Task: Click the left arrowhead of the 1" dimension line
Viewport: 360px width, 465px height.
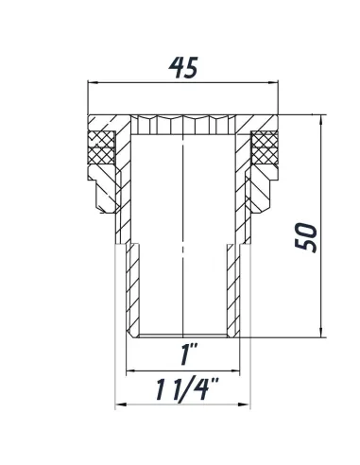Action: coord(130,370)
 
